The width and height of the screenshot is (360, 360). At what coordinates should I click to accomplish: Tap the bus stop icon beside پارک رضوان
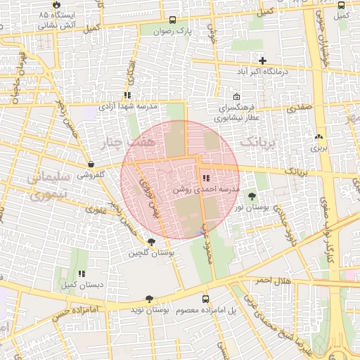pyautogui.click(x=173, y=20)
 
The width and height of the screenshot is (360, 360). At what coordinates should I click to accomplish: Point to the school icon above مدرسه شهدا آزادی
pyautogui.click(x=127, y=95)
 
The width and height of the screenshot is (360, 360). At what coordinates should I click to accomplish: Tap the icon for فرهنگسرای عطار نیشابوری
pyautogui.click(x=236, y=97)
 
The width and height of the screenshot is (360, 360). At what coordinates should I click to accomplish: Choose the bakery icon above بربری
pyautogui.click(x=320, y=136)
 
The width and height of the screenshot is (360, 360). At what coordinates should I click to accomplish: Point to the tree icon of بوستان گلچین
pyautogui.click(x=152, y=241)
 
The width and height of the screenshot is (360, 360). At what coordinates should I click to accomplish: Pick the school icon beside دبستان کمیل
pyautogui.click(x=82, y=274)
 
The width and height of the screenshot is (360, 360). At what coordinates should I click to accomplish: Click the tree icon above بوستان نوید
pyautogui.click(x=149, y=299)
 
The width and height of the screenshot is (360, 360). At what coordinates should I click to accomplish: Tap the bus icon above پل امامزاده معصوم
pyautogui.click(x=205, y=299)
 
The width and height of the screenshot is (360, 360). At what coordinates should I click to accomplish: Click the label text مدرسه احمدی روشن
pyautogui.click(x=206, y=191)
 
